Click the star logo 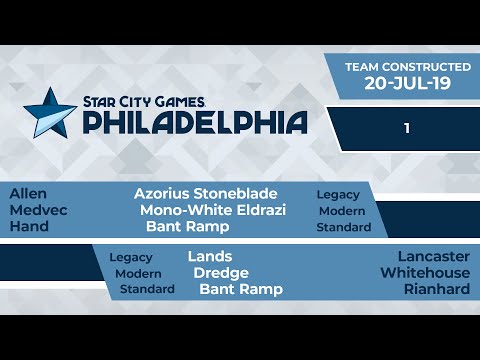click(49, 111)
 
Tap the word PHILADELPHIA click(194, 122)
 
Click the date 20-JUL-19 click(405, 84)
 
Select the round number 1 click(407, 128)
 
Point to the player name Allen click(27, 193)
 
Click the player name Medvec click(33, 210)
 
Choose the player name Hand click(29, 227)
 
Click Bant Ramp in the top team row click(187, 227)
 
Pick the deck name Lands click(209, 256)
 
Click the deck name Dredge click(221, 272)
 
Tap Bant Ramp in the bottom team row click(240, 289)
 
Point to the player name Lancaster click(433, 256)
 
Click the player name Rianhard click(437, 289)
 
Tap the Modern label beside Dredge click(138, 273)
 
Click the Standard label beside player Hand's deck click(343, 227)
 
